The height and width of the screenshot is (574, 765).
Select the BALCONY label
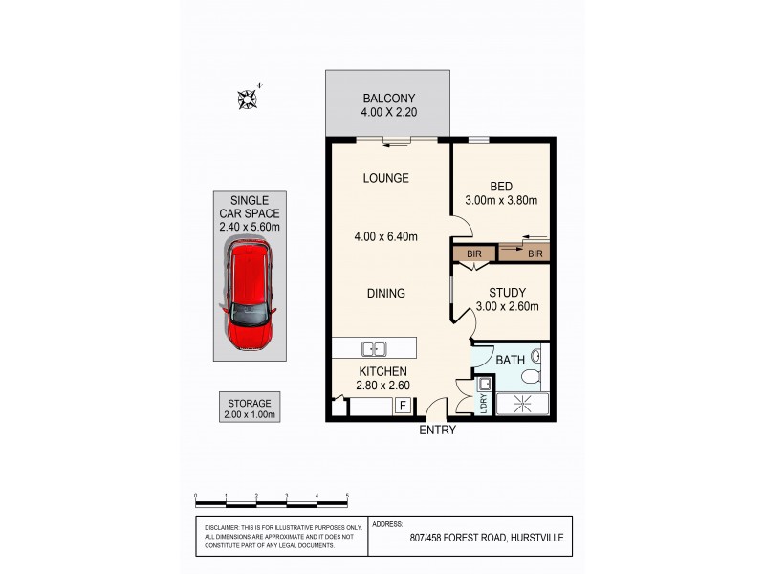coord(387,99)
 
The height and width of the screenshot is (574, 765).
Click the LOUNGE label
coord(386,178)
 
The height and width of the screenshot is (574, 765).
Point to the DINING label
coord(385,294)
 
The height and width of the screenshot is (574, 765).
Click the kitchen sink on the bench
coord(373,347)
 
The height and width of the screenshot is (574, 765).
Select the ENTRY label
coord(438,430)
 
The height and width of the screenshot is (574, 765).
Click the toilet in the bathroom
coord(536,361)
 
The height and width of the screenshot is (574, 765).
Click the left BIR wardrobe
coord(473,254)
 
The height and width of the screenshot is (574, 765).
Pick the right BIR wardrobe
coord(535,254)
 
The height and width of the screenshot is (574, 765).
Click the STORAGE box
coord(249,408)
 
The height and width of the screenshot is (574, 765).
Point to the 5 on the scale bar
coord(347,496)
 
